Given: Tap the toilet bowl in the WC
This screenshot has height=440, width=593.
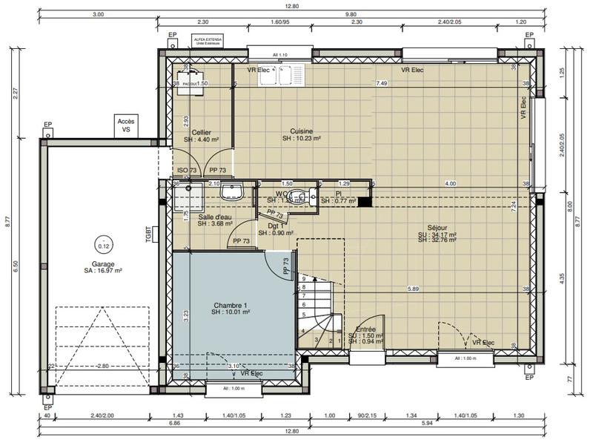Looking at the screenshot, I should [x=298, y=196].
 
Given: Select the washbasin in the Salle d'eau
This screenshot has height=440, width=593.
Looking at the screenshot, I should [x=232, y=192].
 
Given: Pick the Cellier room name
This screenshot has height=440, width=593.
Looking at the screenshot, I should [x=202, y=132].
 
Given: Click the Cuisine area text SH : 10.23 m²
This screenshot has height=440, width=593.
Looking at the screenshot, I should [x=301, y=139].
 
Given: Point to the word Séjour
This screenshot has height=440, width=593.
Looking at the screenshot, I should [x=437, y=228].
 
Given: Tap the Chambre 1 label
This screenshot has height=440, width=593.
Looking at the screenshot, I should [x=231, y=305].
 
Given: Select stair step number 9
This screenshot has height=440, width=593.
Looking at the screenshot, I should [x=304, y=278].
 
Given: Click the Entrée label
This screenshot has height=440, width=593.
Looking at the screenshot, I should [x=365, y=329].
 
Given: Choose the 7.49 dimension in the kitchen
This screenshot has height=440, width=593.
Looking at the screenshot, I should [x=382, y=83].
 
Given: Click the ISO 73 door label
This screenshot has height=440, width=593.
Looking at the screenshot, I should [x=185, y=170].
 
